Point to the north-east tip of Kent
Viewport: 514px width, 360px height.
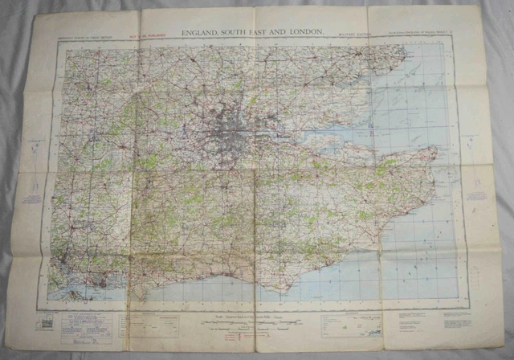pos(434,150)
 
